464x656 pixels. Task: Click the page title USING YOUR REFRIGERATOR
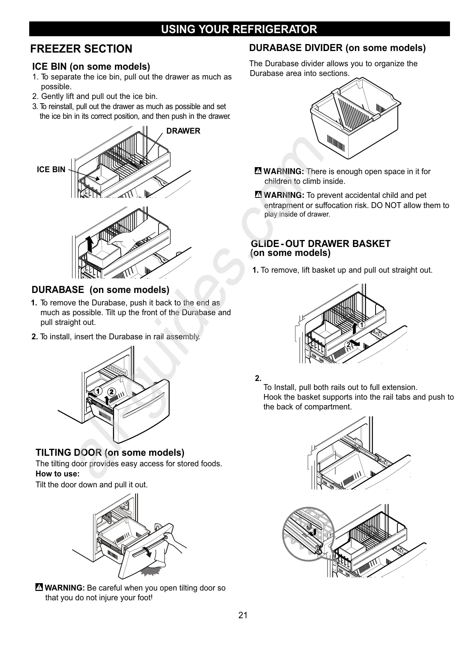[239, 29]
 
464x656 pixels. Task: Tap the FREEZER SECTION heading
[81, 49]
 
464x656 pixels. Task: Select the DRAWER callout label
[183, 131]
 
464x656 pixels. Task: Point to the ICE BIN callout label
[51, 169]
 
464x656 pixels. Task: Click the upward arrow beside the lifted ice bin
[90, 244]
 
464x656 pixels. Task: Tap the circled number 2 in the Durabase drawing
[111, 391]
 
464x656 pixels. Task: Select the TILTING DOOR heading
[110, 453]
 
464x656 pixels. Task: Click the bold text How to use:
[58, 474]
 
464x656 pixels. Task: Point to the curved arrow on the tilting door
[147, 551]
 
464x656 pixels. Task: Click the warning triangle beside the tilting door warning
[39, 587]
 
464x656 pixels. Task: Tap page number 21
[243, 615]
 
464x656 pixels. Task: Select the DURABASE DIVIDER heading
[337, 48]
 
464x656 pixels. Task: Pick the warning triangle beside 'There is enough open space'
[258, 171]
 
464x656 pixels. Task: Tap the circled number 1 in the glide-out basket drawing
[362, 325]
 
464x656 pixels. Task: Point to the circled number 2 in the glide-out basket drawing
[349, 344]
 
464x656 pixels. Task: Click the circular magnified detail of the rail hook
[309, 534]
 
